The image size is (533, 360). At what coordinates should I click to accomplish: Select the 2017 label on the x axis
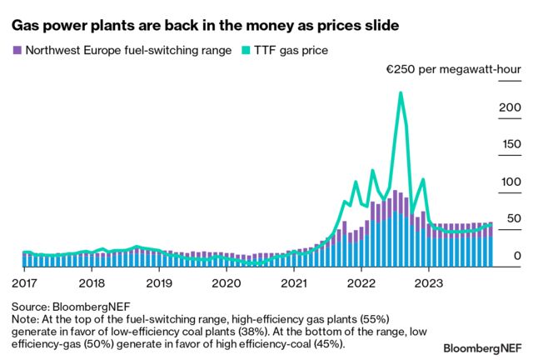click(24, 282)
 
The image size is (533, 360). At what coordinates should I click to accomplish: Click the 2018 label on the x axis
click(92, 282)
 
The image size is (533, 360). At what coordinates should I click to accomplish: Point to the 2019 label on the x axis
click(159, 282)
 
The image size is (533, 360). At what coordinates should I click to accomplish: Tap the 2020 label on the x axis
click(227, 282)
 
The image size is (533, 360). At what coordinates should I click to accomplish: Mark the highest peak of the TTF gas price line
click(401, 93)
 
